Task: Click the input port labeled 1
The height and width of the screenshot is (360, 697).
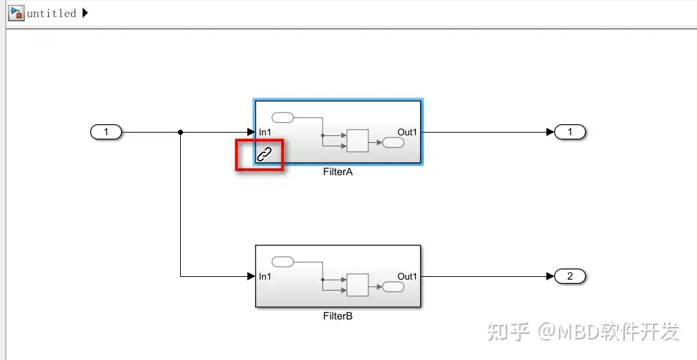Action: point(106,132)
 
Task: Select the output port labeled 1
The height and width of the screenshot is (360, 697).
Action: point(569,132)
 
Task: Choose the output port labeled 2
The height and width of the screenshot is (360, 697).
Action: point(569,276)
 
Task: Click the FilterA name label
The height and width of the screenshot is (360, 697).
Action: point(338,172)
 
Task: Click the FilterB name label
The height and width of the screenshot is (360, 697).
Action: point(338,316)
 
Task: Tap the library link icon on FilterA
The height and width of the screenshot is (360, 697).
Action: point(265,155)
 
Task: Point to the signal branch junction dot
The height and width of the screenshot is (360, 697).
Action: point(180,132)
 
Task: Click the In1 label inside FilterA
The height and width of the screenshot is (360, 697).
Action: point(265,132)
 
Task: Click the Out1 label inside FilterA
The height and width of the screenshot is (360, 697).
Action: point(407,132)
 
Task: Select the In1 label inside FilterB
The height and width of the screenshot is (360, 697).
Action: point(265,276)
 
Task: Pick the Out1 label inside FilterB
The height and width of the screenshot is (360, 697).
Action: point(407,276)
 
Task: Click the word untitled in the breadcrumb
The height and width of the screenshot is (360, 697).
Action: point(51,13)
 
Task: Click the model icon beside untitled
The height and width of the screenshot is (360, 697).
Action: point(16,13)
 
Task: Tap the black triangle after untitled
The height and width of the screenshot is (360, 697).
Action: point(85,13)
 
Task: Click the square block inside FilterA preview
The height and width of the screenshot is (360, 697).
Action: point(357,140)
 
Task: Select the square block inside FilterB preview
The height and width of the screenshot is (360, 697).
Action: point(357,284)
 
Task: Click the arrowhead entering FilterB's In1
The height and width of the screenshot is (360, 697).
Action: point(251,276)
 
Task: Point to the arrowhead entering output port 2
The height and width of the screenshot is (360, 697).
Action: point(549,276)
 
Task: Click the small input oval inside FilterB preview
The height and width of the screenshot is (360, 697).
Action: point(283,261)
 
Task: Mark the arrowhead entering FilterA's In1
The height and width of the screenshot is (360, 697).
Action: point(251,132)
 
